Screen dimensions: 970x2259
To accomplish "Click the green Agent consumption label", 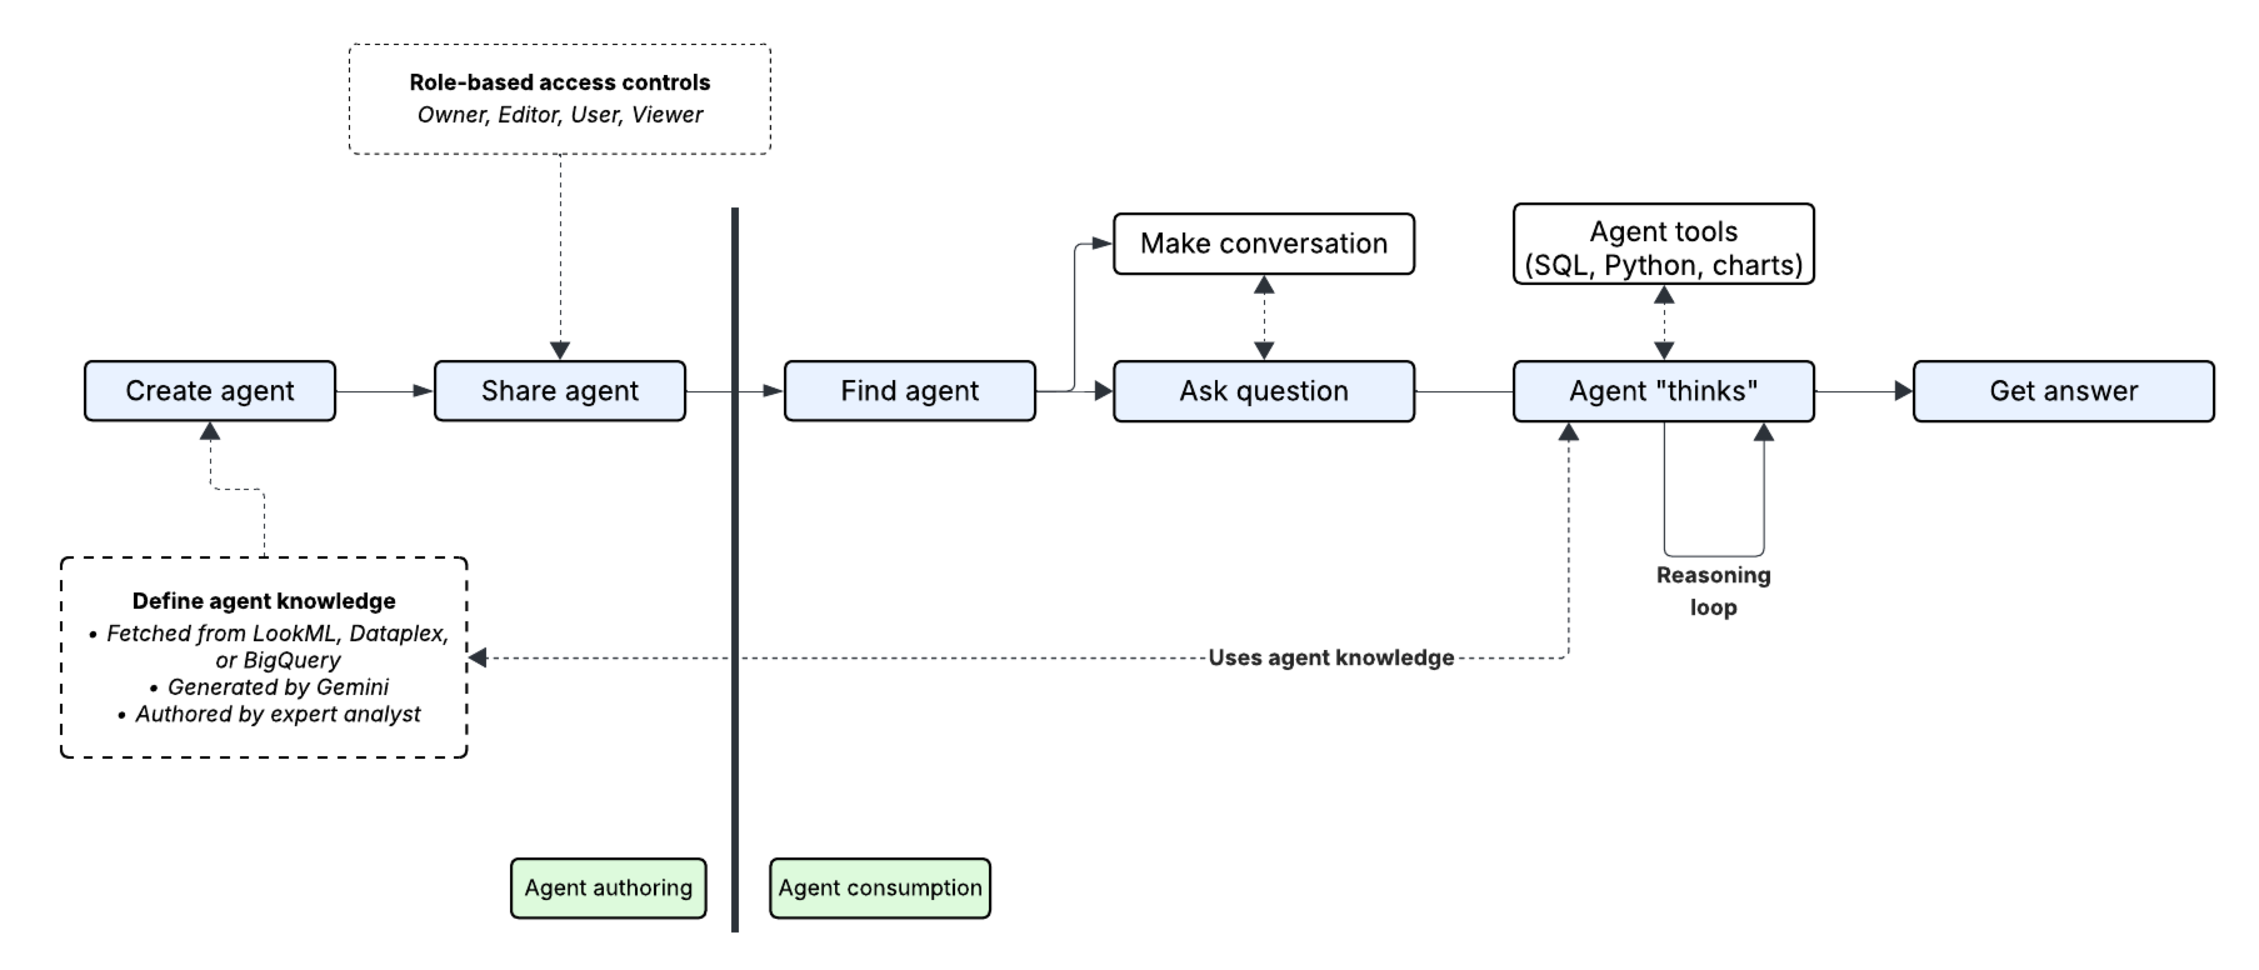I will click(879, 887).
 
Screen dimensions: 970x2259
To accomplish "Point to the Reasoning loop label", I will click(1713, 591).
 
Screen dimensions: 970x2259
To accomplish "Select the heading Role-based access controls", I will click(559, 82).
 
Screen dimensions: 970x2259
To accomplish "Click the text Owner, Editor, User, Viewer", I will click(559, 115).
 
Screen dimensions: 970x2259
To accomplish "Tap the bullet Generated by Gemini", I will click(277, 687).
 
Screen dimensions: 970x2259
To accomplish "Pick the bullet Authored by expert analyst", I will click(277, 714).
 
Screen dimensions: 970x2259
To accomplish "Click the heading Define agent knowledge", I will click(263, 601).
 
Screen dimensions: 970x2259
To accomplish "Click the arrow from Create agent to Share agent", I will click(384, 391).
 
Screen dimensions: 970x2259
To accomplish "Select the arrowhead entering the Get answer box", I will click(1902, 391).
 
